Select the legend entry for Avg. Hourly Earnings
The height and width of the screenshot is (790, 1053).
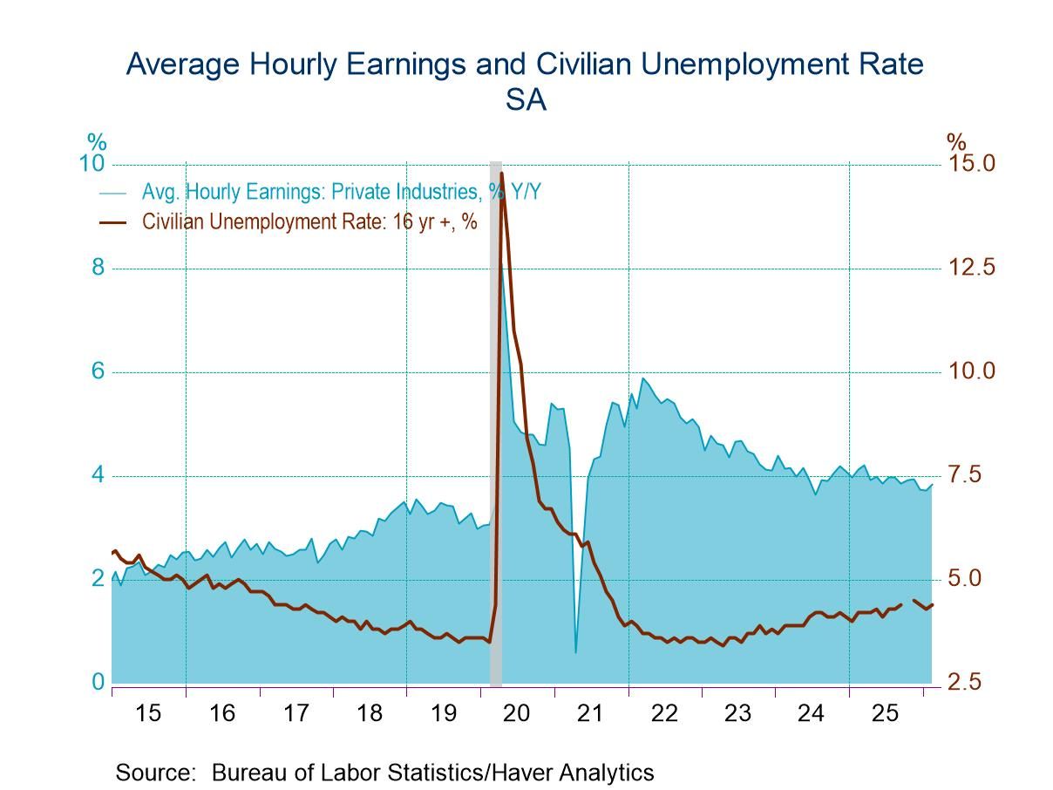(x=341, y=192)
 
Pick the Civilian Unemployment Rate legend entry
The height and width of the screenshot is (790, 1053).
(x=309, y=221)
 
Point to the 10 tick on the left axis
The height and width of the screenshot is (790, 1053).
(x=92, y=165)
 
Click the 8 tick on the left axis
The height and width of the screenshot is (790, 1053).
(x=98, y=268)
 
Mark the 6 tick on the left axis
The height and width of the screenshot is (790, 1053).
(x=98, y=371)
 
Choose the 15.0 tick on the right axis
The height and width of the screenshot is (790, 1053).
(x=972, y=164)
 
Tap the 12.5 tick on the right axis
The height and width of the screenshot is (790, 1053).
(x=972, y=268)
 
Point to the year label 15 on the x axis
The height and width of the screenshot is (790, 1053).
(x=149, y=713)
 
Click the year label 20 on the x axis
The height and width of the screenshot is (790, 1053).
(x=517, y=713)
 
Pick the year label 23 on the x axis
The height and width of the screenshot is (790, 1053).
(x=737, y=713)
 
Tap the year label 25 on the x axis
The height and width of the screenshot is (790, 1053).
(x=885, y=713)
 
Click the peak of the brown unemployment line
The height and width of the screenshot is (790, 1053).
(x=501, y=174)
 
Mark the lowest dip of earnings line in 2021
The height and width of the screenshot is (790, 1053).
(x=575, y=651)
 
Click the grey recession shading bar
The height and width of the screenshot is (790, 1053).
(x=495, y=436)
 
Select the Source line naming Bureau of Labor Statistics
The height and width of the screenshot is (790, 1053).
(x=384, y=772)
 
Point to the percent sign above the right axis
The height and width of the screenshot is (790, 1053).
(x=956, y=142)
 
